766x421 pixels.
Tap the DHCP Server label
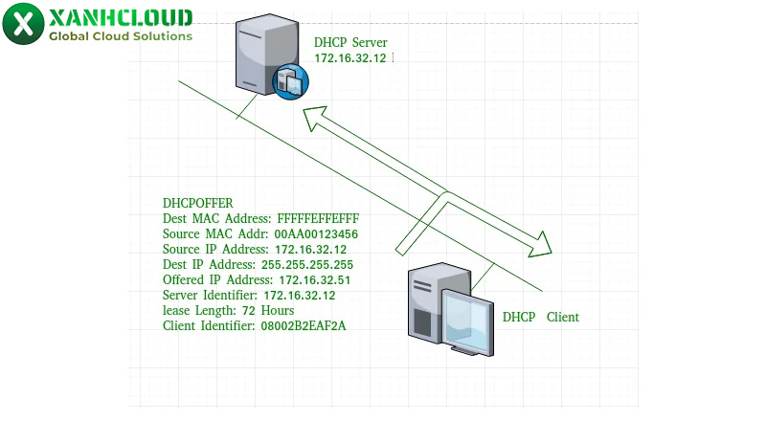click(x=350, y=42)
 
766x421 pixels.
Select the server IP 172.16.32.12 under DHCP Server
click(x=350, y=58)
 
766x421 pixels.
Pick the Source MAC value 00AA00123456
click(x=316, y=233)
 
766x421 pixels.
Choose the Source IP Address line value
click(x=310, y=249)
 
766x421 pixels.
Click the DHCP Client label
click(x=541, y=317)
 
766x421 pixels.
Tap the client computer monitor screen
click(x=470, y=320)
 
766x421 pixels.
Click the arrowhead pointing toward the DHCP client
click(x=542, y=244)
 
